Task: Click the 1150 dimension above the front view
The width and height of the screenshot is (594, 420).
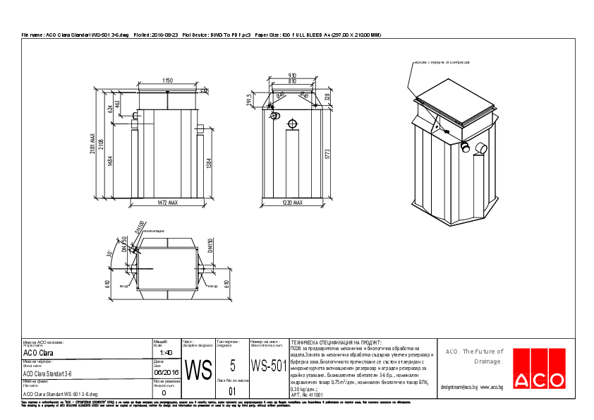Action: coord(167,81)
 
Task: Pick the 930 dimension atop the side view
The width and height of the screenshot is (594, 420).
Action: coord(292,76)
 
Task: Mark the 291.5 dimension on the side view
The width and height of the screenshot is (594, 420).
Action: coord(250,101)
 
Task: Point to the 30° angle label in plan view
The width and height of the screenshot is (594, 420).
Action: coord(109,253)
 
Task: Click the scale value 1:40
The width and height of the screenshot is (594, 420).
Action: coord(166,352)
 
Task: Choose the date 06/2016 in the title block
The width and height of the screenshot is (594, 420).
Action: coord(166,371)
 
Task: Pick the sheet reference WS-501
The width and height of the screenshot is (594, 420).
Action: coord(269,366)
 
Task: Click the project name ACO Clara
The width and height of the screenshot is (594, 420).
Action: coord(39,352)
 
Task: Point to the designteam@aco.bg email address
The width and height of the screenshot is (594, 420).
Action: coord(459,388)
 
